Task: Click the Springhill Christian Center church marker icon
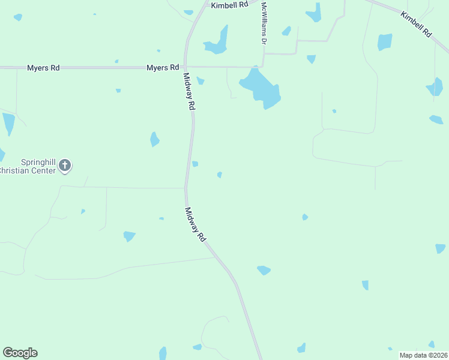click(65, 165)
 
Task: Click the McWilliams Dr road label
click(263, 23)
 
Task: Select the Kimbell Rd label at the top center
click(229, 4)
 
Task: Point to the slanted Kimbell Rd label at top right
click(416, 25)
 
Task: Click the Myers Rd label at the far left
click(43, 68)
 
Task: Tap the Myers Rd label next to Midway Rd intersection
click(163, 68)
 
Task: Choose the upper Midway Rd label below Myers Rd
click(189, 91)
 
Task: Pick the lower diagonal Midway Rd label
click(196, 224)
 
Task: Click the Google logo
click(20, 353)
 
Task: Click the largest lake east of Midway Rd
click(262, 87)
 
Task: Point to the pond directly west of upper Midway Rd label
click(155, 139)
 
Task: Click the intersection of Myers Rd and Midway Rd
click(185, 67)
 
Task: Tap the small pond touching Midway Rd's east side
click(195, 164)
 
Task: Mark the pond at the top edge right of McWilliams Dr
click(313, 12)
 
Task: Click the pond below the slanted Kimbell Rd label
click(385, 42)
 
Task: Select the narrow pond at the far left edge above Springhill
click(8, 124)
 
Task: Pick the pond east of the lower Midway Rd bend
click(264, 271)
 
